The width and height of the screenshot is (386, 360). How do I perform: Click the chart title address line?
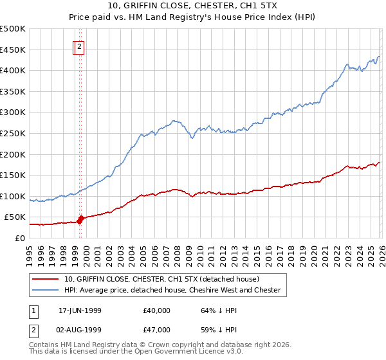192,7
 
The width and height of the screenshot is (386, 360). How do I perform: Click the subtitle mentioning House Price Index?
192,19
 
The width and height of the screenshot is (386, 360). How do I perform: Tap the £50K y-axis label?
15,217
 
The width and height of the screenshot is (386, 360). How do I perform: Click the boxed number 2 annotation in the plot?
79,46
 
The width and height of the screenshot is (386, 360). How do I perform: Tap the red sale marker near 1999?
80,219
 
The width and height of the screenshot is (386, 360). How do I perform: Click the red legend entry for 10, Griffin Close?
161,279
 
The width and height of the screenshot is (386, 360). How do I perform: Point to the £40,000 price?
157,310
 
